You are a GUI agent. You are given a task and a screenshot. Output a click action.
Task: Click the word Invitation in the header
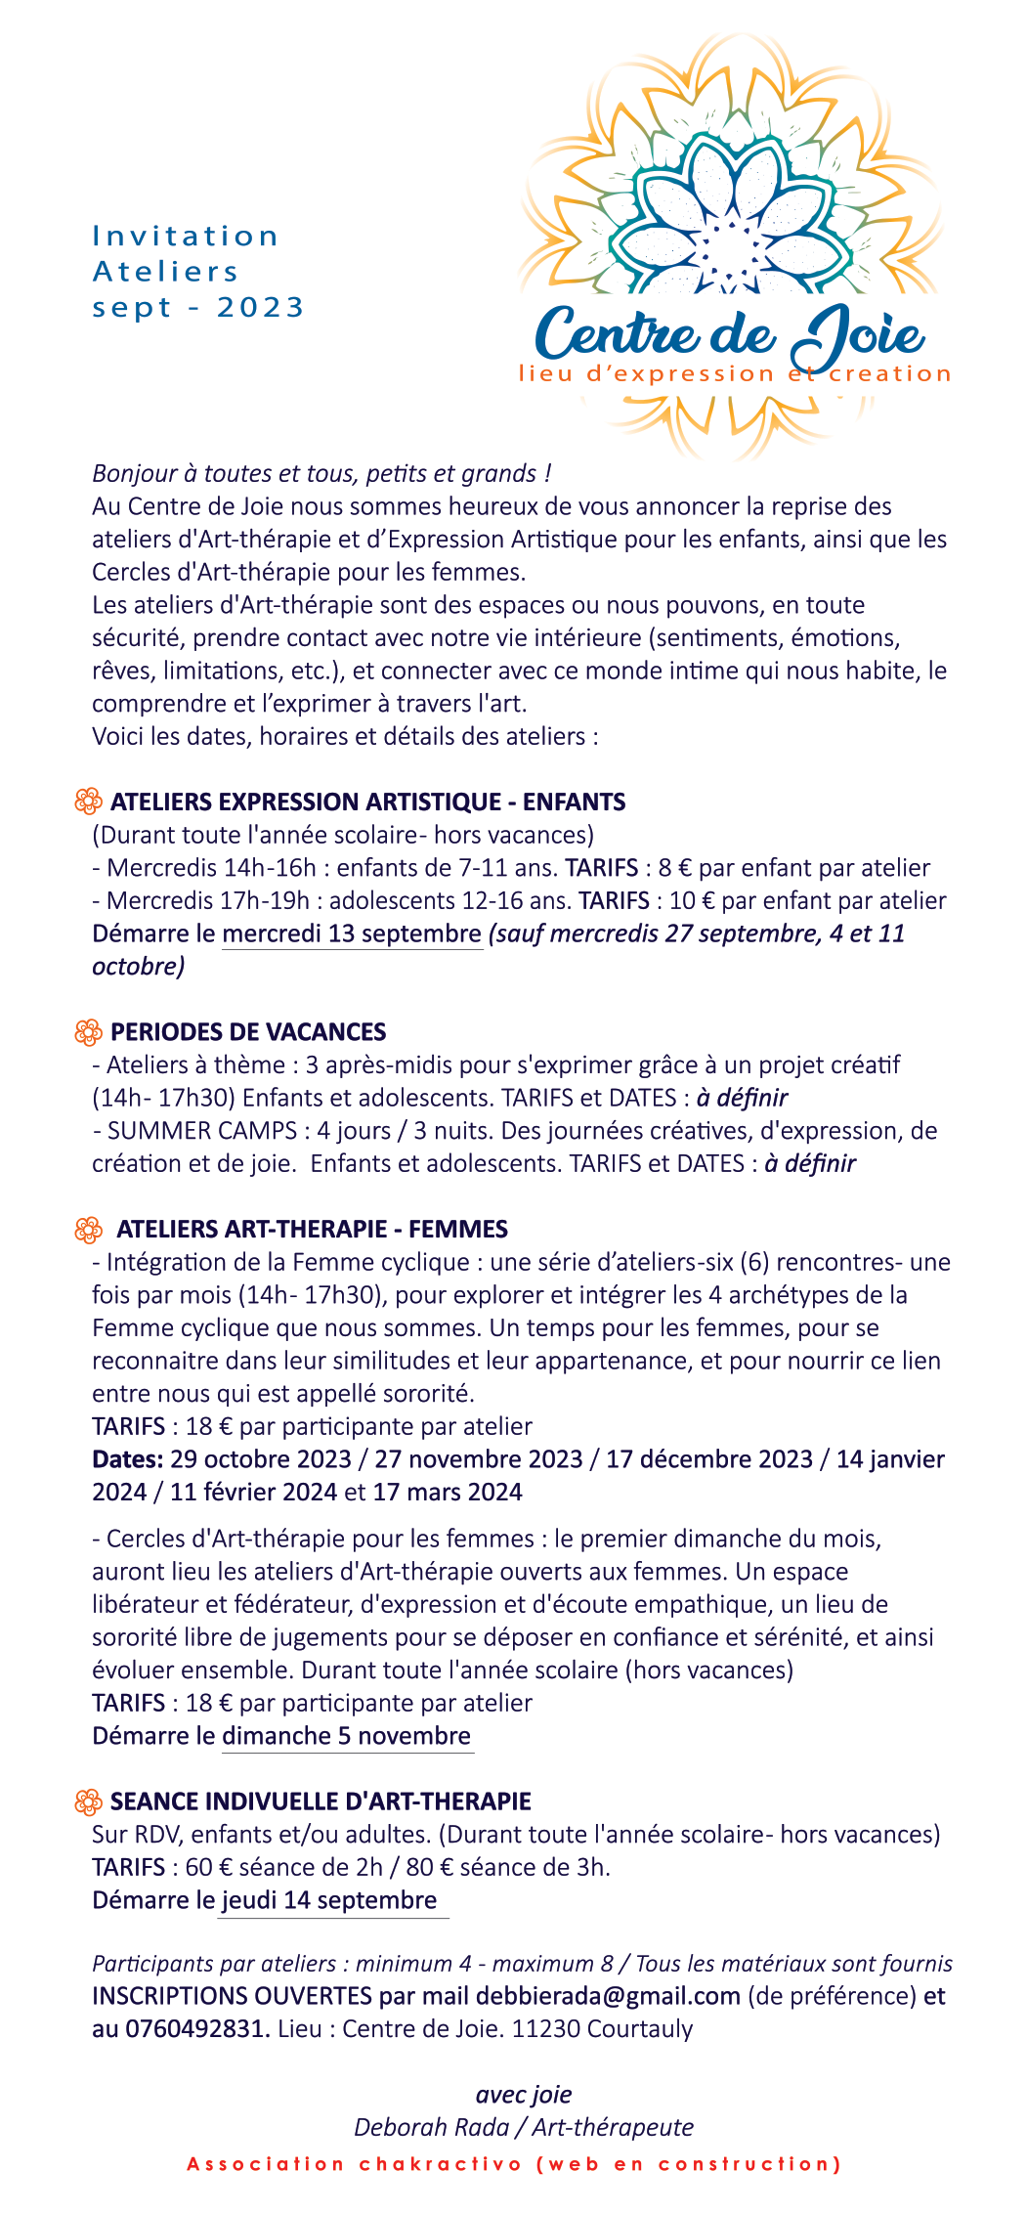186,237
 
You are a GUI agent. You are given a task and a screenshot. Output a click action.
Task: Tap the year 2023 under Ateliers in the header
261,308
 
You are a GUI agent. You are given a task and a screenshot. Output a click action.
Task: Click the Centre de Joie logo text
729,333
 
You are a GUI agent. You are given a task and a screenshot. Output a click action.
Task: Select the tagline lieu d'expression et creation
735,374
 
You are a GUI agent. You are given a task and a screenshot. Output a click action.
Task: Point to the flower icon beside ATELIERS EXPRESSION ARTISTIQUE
88,802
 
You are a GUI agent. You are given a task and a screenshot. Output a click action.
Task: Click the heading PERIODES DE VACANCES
248,1032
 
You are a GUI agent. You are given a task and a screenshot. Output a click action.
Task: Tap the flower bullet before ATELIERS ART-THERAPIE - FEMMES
88,1230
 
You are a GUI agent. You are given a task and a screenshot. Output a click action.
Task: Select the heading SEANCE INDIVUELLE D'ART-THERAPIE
321,1801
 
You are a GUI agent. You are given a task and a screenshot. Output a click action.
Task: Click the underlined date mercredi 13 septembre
352,933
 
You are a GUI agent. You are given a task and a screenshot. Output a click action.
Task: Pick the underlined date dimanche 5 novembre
347,1736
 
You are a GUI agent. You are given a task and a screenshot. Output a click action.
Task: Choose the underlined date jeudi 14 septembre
329,1900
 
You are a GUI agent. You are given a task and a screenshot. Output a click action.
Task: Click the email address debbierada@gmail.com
608,1996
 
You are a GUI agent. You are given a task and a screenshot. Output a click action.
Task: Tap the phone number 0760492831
196,2029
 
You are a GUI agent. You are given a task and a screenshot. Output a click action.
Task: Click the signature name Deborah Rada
432,2128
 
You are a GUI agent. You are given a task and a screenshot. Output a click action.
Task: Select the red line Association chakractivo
514,2164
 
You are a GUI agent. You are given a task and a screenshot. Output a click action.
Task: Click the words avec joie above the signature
524,2095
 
